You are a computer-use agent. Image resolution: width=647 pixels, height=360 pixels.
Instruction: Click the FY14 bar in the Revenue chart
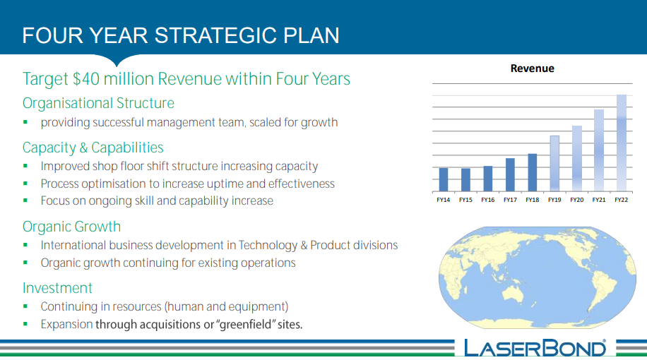444,180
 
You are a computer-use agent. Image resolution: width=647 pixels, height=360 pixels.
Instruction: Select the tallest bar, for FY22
622,143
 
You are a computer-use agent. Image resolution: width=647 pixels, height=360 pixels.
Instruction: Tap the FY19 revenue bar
554,164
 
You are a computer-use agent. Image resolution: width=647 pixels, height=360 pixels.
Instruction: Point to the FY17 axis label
510,200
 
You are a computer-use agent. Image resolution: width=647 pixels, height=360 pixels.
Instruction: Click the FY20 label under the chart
577,200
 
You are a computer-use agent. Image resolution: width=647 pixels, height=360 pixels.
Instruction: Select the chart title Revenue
533,68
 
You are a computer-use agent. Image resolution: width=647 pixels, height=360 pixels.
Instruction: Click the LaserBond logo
535,348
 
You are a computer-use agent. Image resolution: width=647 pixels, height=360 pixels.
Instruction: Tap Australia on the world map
513,294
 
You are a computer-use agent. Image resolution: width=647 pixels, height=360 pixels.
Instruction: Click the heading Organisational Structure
98,103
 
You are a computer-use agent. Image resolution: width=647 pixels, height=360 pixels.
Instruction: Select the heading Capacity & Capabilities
93,148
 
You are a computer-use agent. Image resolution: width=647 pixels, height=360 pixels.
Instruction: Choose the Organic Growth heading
72,227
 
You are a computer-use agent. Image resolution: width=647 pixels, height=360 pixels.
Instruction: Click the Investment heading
57,288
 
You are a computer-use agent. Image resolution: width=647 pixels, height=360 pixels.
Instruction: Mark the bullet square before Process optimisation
25,183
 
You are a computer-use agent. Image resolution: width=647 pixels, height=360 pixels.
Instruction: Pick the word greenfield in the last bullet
246,325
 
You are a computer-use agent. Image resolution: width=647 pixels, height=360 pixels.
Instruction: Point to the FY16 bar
488,179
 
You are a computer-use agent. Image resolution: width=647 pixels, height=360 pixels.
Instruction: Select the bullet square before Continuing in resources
25,306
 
